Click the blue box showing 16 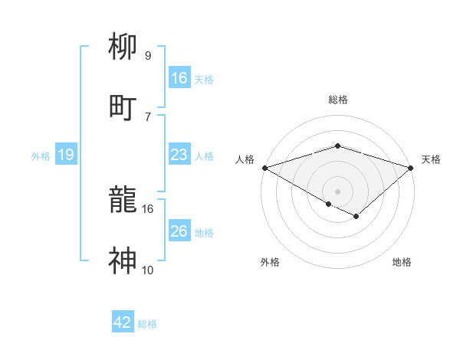(x=179, y=78)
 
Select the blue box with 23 (x=179, y=155)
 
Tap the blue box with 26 (x=179, y=231)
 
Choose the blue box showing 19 (x=66, y=155)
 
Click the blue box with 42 (x=123, y=322)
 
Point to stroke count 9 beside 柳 (x=147, y=56)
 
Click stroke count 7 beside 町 (x=147, y=116)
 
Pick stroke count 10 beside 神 (x=147, y=270)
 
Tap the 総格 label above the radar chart (x=337, y=100)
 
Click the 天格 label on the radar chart (x=431, y=159)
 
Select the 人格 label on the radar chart (x=245, y=159)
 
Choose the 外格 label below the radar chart (x=270, y=262)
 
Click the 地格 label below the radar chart (x=402, y=262)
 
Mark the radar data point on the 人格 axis (x=264, y=168)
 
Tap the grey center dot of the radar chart (x=337, y=191)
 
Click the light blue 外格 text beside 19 (x=41, y=155)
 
